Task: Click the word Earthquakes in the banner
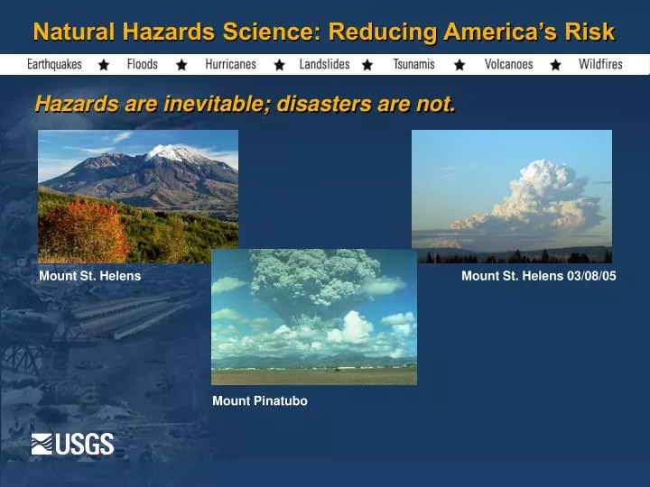[x=54, y=65]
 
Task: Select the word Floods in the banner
[x=142, y=65]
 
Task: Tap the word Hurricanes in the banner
[x=230, y=65]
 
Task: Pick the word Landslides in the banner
[x=324, y=65]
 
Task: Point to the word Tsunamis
[x=413, y=65]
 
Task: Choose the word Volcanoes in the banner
[x=508, y=65]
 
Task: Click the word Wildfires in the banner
[x=600, y=65]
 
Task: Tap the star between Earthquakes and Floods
[x=104, y=65]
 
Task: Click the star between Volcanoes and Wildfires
[x=555, y=65]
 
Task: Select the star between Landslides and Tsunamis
[x=367, y=65]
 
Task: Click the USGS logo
[x=72, y=444]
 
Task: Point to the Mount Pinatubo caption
[x=260, y=401]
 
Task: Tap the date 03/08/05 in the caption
[x=591, y=276]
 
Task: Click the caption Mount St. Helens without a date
[x=89, y=276]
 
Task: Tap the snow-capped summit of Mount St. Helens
[x=179, y=152]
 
